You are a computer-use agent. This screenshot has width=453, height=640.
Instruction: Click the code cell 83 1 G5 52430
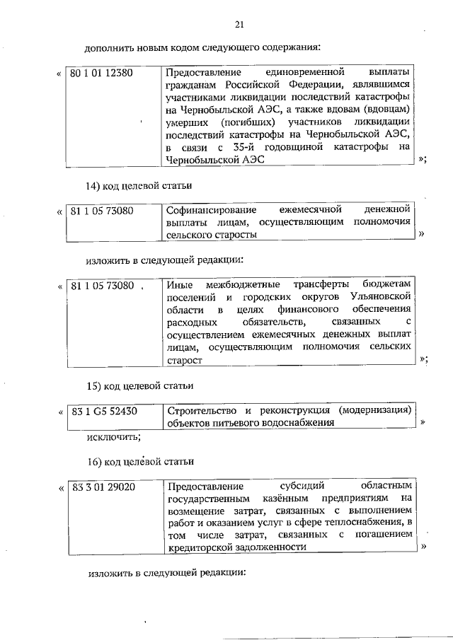pyautogui.click(x=103, y=410)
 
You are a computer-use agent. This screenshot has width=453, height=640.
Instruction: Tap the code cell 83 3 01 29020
pyautogui.click(x=103, y=487)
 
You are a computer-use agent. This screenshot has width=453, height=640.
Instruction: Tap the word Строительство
pyautogui.click(x=202, y=410)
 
